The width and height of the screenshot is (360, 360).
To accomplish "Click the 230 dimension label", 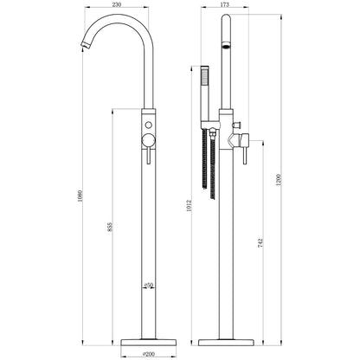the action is pyautogui.click(x=116, y=4).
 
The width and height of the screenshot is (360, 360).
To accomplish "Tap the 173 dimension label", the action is pyautogui.click(x=224, y=4).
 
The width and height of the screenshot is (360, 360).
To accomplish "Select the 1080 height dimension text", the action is pyautogui.click(x=80, y=196).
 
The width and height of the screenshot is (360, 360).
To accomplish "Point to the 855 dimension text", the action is pyautogui.click(x=109, y=227).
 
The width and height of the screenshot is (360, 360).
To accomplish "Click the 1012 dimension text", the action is pyautogui.click(x=189, y=205).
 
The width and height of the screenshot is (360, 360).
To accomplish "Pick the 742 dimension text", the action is pyautogui.click(x=260, y=243).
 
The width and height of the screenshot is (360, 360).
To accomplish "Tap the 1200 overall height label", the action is pyautogui.click(x=279, y=179).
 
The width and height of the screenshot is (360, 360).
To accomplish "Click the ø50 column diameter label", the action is pyautogui.click(x=148, y=286).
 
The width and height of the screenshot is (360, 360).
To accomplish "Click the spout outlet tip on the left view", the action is pyautogui.click(x=84, y=45).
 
